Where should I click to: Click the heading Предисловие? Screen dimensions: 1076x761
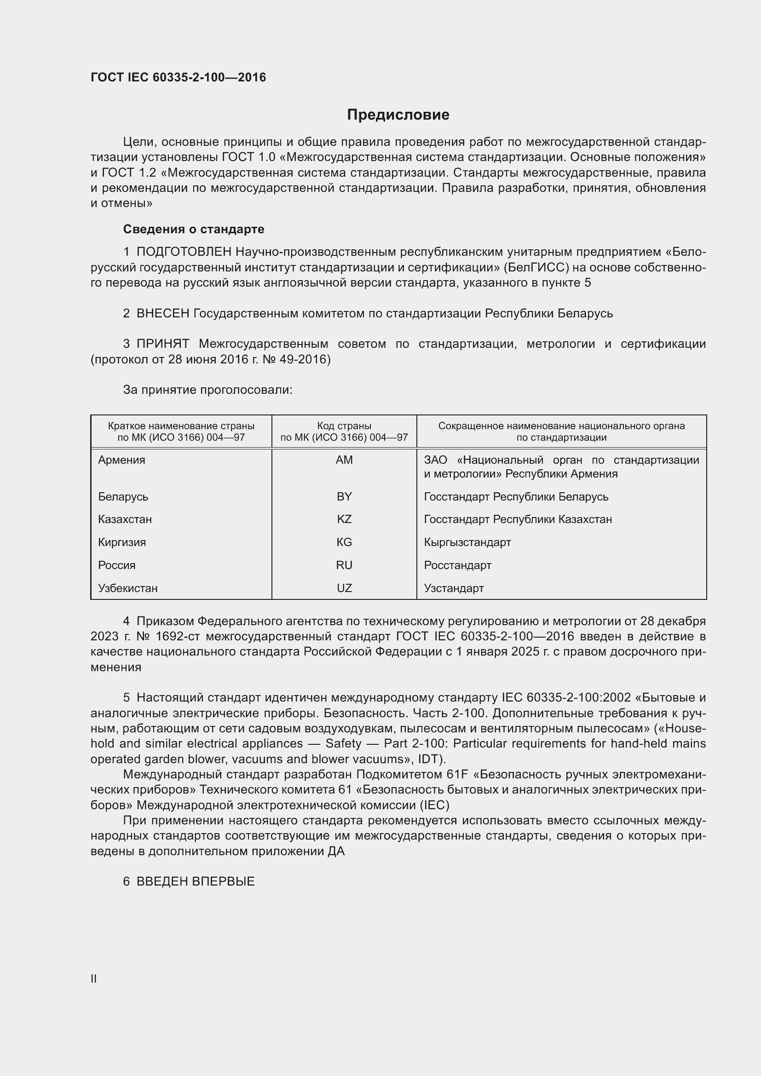click(x=398, y=115)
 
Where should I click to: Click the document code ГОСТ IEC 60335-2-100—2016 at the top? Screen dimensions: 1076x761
click(x=178, y=77)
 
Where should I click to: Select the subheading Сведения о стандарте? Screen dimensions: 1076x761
click(x=194, y=229)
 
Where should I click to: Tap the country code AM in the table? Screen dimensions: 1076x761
click(x=344, y=460)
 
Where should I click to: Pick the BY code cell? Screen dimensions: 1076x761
click(x=344, y=497)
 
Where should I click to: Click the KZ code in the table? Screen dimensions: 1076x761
click(x=344, y=519)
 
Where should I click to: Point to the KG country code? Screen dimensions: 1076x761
click(x=344, y=542)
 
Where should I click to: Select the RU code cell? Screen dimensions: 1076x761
click(x=344, y=565)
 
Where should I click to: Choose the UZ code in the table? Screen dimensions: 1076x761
click(x=344, y=588)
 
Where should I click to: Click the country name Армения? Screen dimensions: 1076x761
click(x=121, y=460)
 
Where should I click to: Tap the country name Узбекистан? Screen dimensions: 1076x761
click(x=127, y=588)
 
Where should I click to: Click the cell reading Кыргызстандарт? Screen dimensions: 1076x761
click(x=467, y=542)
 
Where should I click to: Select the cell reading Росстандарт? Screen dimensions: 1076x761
click(x=457, y=565)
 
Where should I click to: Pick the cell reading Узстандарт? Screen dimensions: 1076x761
click(x=454, y=588)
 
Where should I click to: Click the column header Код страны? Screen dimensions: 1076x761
click(x=344, y=426)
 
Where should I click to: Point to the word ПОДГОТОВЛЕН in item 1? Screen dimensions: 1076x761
click(x=184, y=252)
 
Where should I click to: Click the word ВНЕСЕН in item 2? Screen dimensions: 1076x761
click(x=162, y=314)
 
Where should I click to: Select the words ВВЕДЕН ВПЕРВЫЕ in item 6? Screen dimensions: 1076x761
click(x=196, y=881)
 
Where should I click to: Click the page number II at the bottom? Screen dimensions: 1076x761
click(x=94, y=978)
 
